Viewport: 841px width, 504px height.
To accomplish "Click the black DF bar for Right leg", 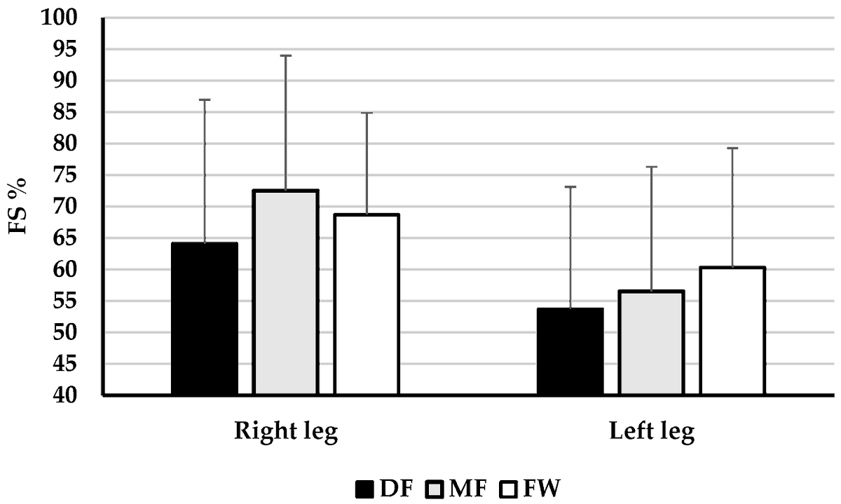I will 205,320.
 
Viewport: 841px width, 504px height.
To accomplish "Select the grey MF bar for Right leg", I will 286,293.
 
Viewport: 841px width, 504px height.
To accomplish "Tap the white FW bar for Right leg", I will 367,305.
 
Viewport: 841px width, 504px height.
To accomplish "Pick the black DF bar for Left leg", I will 570,352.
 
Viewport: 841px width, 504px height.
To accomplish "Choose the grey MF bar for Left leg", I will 651,343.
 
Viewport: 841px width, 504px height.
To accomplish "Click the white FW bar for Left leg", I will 732,332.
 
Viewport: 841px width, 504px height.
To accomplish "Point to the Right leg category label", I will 286,431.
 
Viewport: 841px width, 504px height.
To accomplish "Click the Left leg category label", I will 651,431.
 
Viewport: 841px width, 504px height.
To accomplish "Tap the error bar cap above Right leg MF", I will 286,55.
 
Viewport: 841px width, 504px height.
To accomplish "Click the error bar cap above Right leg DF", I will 205,100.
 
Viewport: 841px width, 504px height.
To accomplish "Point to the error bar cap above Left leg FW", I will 732,148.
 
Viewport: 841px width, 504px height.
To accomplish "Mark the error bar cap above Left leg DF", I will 570,186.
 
